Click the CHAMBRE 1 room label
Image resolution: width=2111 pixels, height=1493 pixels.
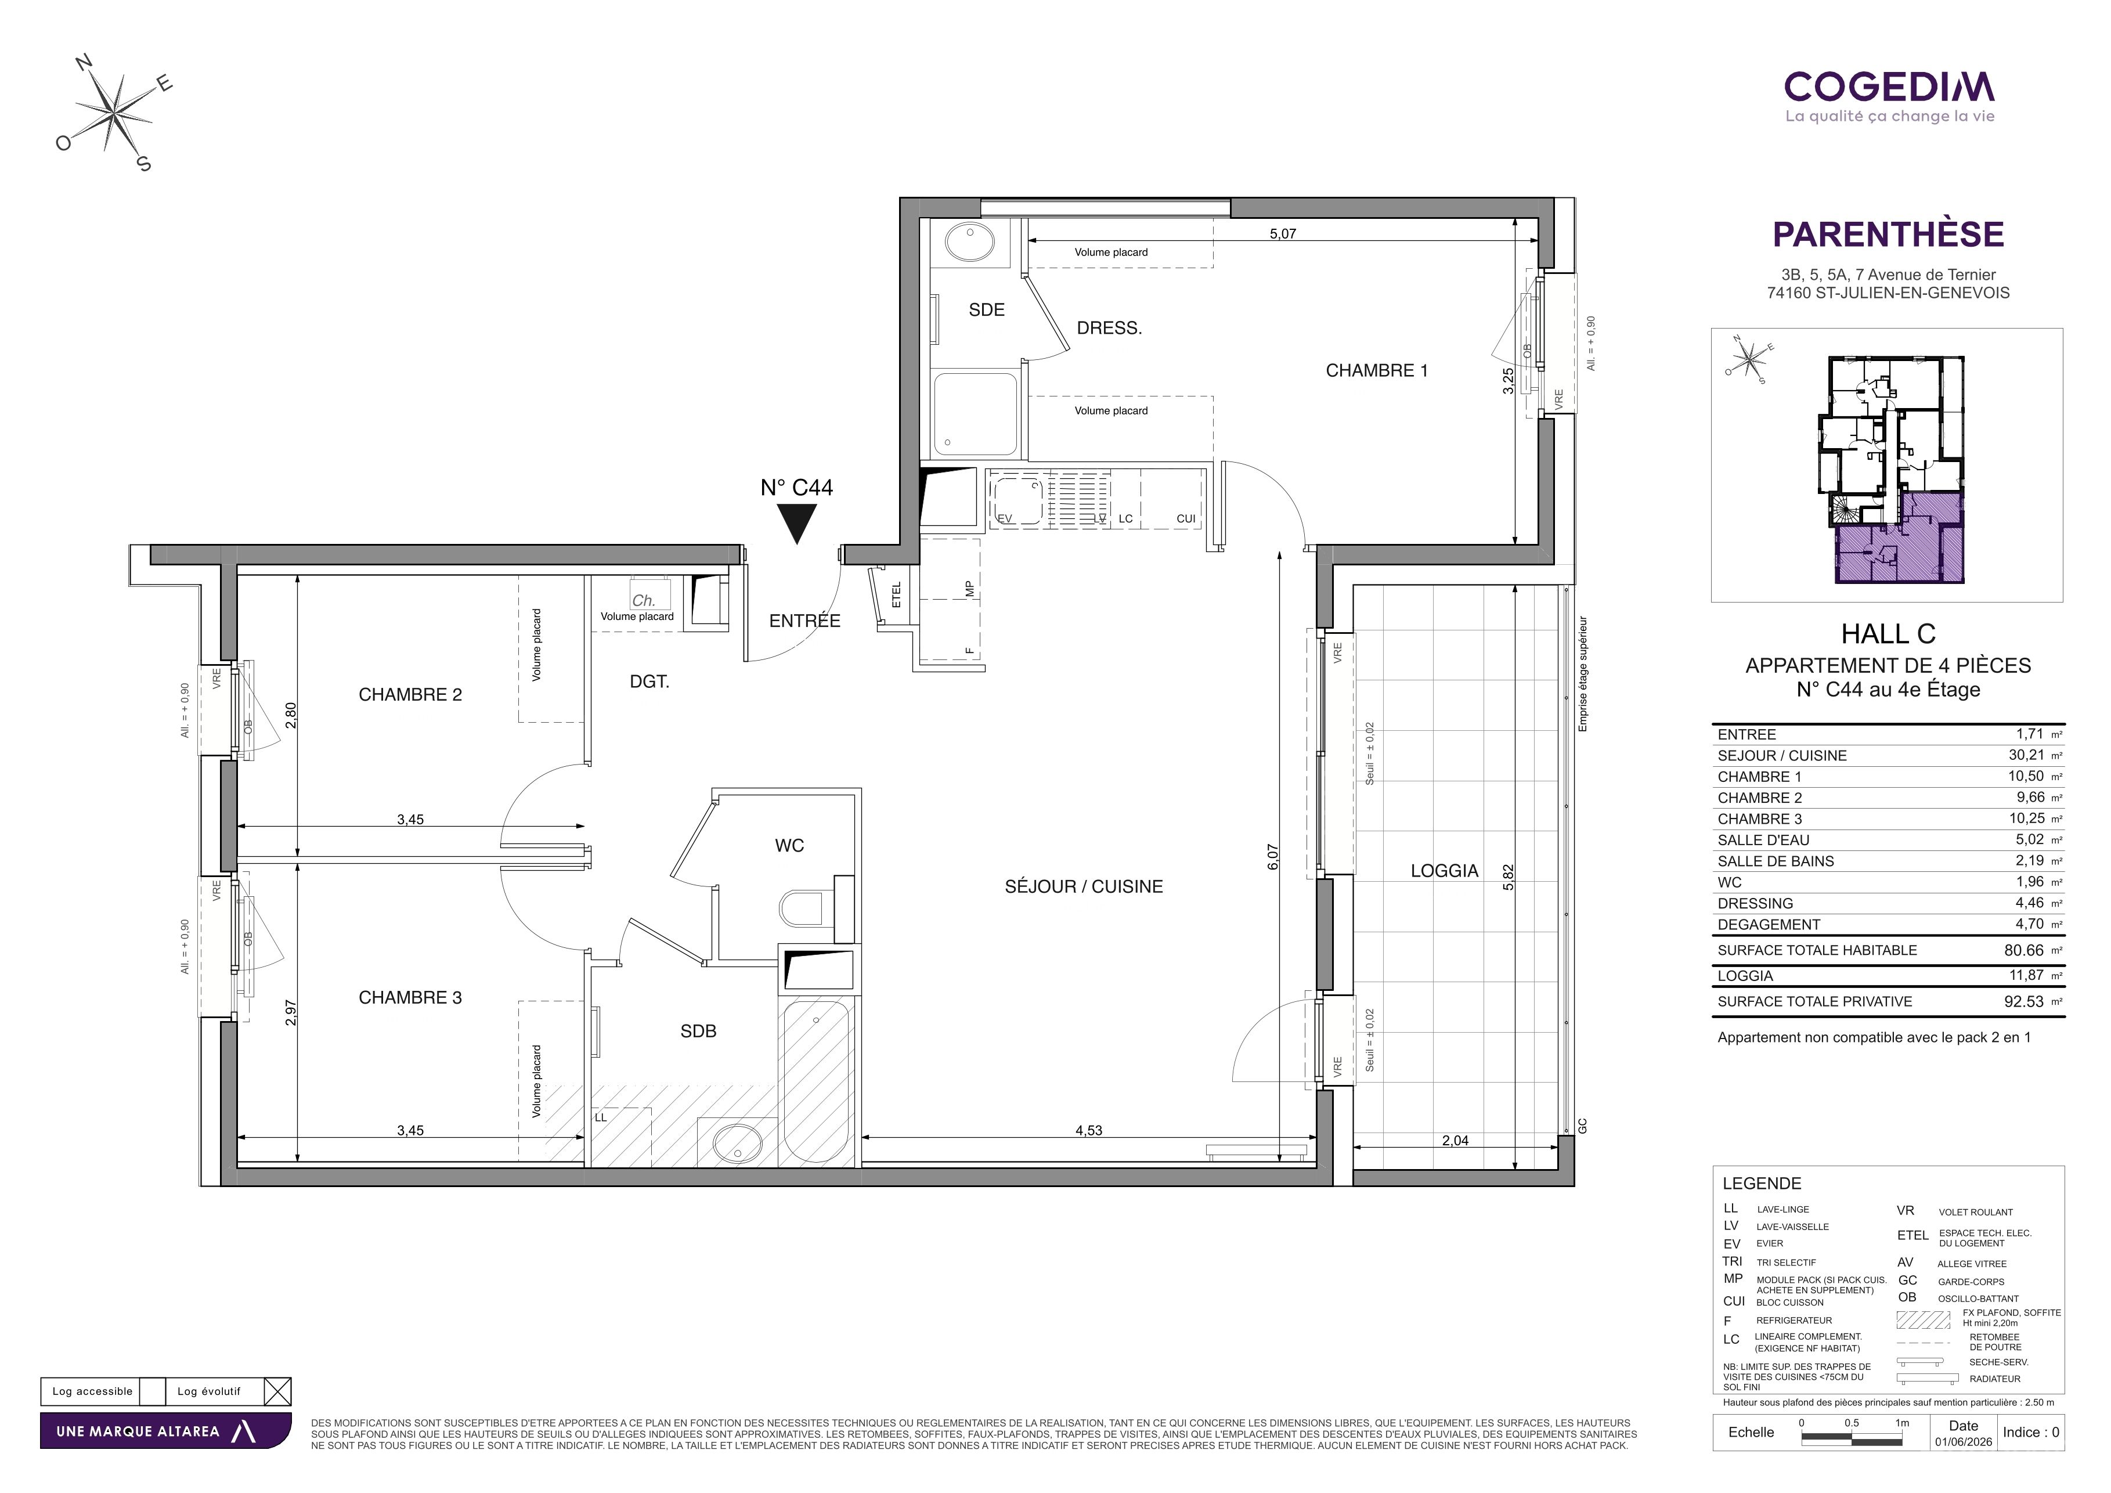click(1376, 370)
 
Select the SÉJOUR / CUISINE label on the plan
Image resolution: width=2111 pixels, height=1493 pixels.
click(1083, 886)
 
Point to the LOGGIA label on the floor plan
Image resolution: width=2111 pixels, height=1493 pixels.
click(1445, 871)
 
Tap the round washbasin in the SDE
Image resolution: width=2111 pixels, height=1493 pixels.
click(969, 243)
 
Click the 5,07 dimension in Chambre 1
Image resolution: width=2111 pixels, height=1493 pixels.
click(1283, 233)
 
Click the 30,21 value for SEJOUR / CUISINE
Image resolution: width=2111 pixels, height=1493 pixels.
click(2026, 755)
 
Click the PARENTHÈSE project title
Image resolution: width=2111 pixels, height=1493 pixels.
click(1889, 235)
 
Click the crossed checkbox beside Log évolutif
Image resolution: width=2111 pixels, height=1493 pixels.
click(277, 1391)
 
